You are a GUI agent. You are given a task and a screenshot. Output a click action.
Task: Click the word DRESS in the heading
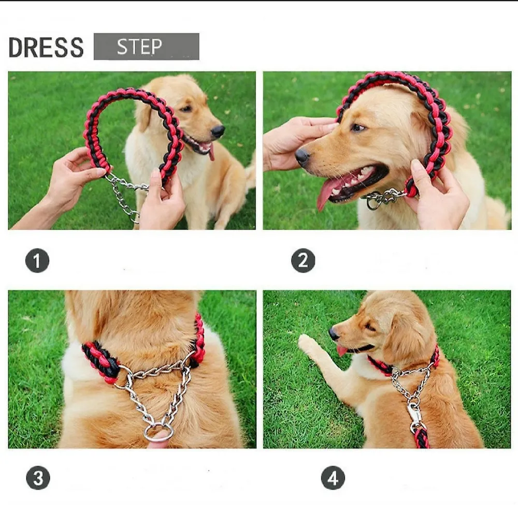(x=46, y=47)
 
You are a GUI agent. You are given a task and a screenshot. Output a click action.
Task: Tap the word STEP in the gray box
(x=139, y=47)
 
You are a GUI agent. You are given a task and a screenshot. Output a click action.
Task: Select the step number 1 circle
(x=37, y=260)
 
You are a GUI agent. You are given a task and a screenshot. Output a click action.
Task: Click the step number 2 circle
(x=303, y=260)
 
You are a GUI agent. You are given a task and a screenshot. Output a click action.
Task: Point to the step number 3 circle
(x=38, y=478)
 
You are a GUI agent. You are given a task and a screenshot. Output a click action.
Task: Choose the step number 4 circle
(x=333, y=478)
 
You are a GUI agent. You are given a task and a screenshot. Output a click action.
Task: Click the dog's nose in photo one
(x=218, y=131)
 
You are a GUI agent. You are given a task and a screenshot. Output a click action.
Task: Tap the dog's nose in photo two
(x=303, y=156)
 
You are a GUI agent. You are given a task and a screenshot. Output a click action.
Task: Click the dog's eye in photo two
(x=358, y=127)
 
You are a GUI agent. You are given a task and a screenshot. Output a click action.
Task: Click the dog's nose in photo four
(x=334, y=334)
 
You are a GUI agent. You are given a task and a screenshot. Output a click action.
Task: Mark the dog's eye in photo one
(x=186, y=108)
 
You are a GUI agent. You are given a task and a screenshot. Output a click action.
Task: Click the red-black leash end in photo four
(x=422, y=438)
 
